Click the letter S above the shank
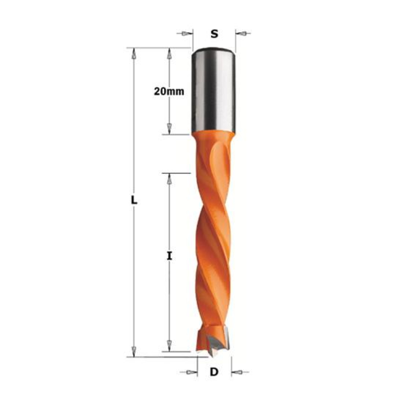pos(214,34)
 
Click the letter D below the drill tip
pos(214,372)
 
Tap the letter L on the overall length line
pos(134,200)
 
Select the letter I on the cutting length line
pos(169,256)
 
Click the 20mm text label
pos(169,91)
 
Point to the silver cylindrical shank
pos(213,91)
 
